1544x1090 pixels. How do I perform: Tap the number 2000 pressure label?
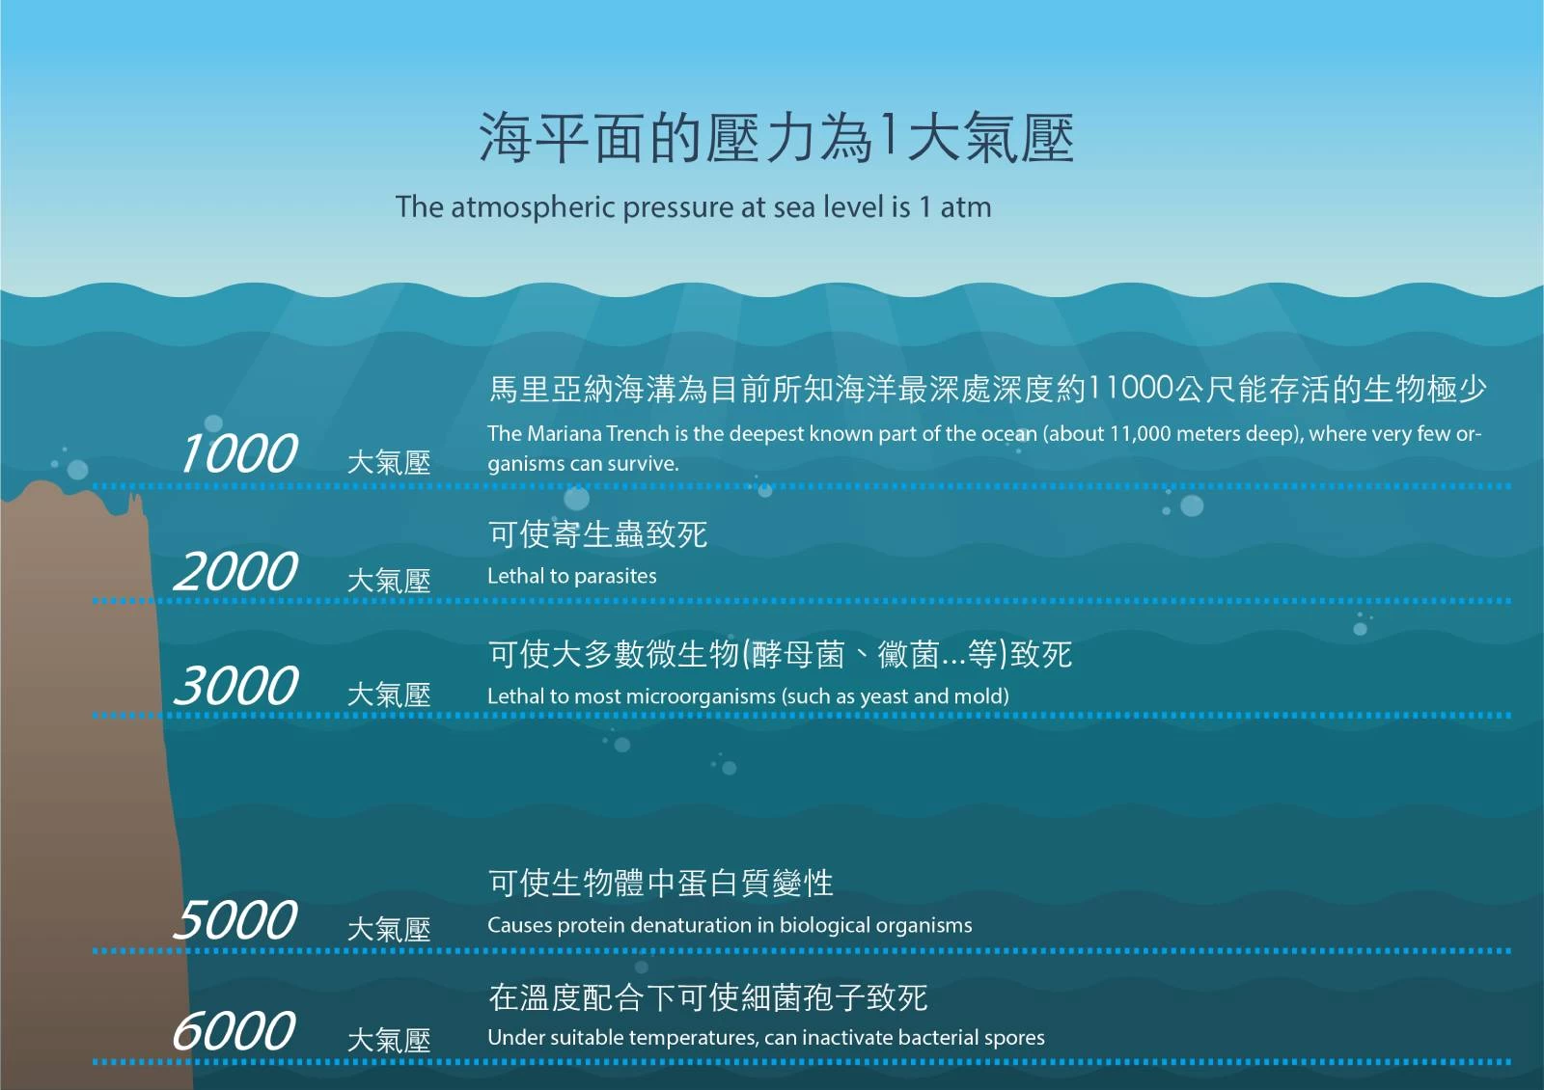[x=235, y=571]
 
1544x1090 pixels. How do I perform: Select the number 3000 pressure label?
[x=235, y=686]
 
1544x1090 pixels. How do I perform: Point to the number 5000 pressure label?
[x=235, y=920]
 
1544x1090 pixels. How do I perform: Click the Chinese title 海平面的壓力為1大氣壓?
[x=776, y=138]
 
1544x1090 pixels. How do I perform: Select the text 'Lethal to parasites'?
[x=571, y=576]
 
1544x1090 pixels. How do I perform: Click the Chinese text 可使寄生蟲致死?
[x=597, y=534]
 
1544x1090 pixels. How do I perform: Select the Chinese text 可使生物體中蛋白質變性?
[x=660, y=883]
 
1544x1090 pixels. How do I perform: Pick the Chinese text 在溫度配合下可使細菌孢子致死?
[x=708, y=997]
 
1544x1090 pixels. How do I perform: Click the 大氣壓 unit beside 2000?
[x=389, y=581]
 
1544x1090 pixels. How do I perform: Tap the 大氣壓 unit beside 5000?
[x=389, y=930]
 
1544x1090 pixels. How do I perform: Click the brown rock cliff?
[x=83, y=792]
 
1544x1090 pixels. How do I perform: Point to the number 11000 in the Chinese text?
[x=1130, y=388]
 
